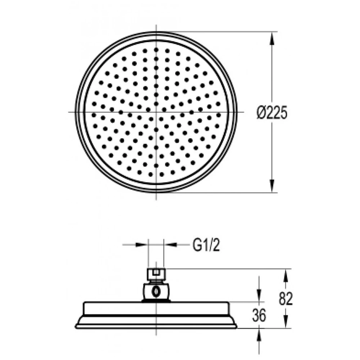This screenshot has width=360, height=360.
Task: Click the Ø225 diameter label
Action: pyautogui.click(x=272, y=113)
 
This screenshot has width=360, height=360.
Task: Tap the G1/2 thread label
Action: pyautogui.click(x=206, y=246)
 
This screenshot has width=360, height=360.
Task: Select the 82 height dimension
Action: pyautogui.click(x=286, y=299)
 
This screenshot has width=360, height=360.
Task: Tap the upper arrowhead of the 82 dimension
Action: pyautogui.click(x=286, y=275)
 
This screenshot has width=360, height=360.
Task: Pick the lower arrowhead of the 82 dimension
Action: pyautogui.click(x=286, y=322)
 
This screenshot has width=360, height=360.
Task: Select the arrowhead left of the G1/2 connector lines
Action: pyautogui.click(x=141, y=245)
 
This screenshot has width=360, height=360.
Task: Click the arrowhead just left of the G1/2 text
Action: pyautogui.click(x=170, y=245)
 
